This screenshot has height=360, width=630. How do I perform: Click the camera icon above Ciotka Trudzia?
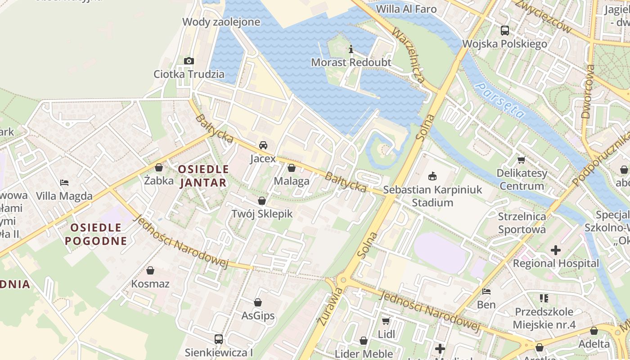pyautogui.click(x=189, y=61)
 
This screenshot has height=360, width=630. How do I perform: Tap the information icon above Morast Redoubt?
pyautogui.click(x=351, y=49)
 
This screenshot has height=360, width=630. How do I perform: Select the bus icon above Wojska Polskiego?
pyautogui.click(x=505, y=31)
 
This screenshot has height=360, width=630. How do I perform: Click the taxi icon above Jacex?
pyautogui.click(x=263, y=145)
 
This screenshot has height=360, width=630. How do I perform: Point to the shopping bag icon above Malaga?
pyautogui.click(x=292, y=168)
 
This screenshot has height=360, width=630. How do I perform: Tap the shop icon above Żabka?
pyautogui.click(x=159, y=167)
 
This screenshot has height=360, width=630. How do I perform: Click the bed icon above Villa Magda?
pyautogui.click(x=64, y=182)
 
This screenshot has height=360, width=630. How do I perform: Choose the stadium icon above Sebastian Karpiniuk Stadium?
pyautogui.click(x=432, y=175)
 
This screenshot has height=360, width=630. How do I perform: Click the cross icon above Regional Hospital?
pyautogui.click(x=556, y=250)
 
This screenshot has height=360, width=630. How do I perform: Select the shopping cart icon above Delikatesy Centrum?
pyautogui.click(x=522, y=160)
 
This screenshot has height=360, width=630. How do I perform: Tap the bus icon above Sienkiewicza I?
pyautogui.click(x=219, y=339)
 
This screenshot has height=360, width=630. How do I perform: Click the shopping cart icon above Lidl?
pyautogui.click(x=386, y=321)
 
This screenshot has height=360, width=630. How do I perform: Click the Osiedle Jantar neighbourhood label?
pyautogui.click(x=203, y=176)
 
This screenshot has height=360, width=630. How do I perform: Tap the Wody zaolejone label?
pyautogui.click(x=221, y=22)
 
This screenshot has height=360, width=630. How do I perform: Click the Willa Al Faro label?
pyautogui.click(x=406, y=9)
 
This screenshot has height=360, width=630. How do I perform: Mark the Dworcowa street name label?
pyautogui.click(x=588, y=91)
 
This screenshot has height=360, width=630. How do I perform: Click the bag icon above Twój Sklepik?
pyautogui.click(x=262, y=201)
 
